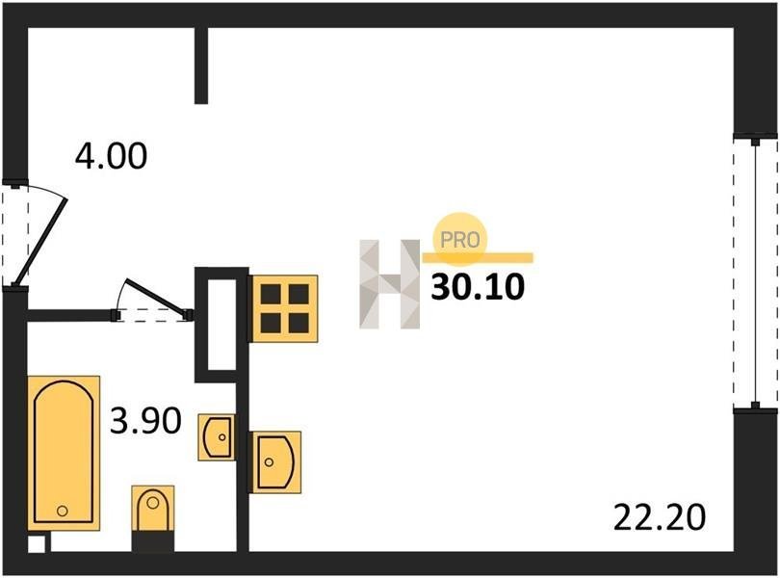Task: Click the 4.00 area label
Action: tap(111, 156)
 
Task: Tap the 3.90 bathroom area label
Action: tap(145, 421)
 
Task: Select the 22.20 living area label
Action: tap(660, 517)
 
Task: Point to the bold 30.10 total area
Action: tap(478, 287)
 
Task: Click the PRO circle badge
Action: tap(459, 240)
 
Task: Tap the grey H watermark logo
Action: tap(389, 284)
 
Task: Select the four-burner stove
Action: tap(284, 308)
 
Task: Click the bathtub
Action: tap(64, 453)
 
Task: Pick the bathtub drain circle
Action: tap(63, 511)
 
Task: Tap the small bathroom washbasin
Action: tap(217, 437)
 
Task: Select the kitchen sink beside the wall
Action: tap(276, 461)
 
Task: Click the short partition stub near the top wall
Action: tap(201, 66)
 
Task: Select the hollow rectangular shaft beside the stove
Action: tap(221, 325)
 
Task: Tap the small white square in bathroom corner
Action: tap(37, 543)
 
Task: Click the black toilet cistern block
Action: tap(153, 541)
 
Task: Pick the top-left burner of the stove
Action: tap(271, 295)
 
